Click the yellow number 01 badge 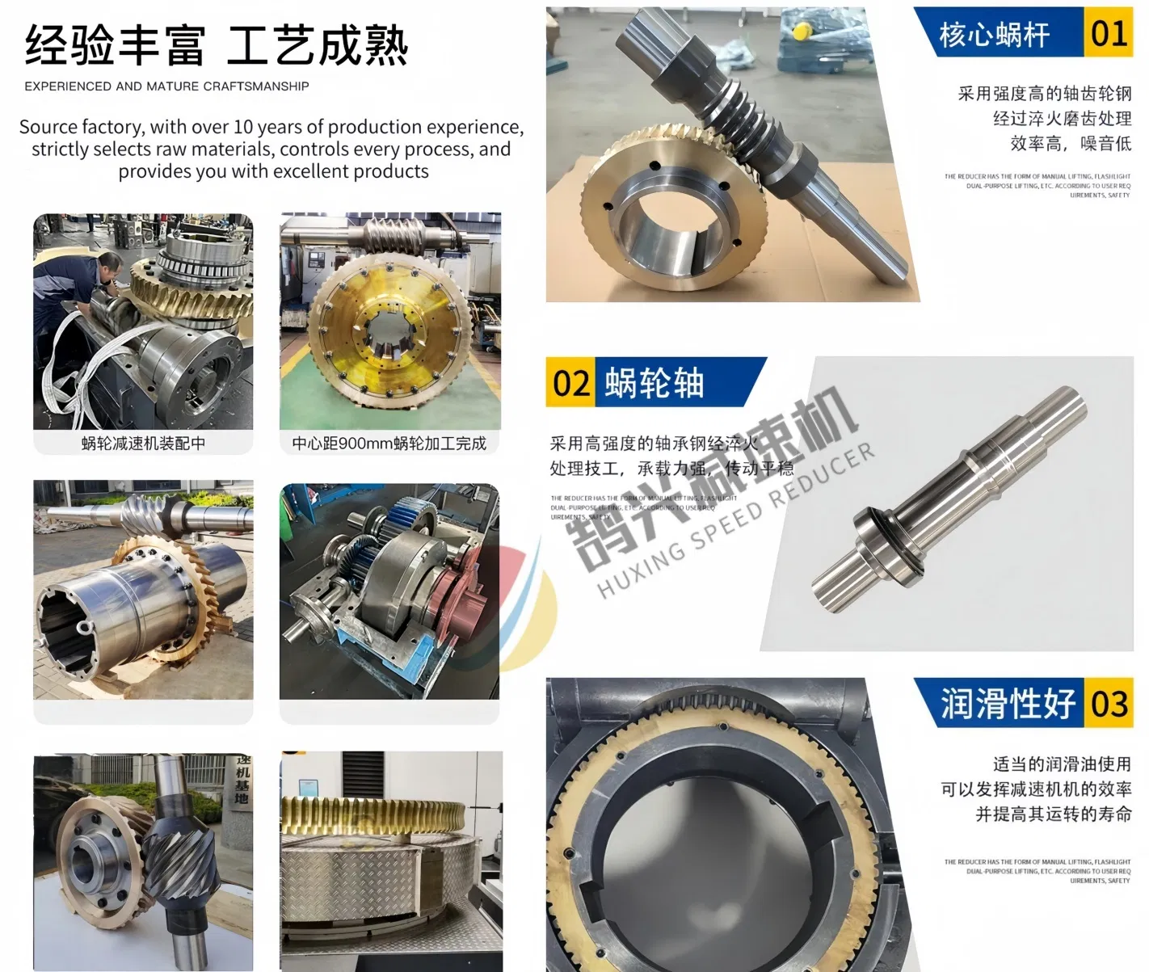pyautogui.click(x=1108, y=34)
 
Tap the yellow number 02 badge pyautogui.click(x=570, y=382)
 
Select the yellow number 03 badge pyautogui.click(x=1109, y=704)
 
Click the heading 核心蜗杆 pyautogui.click(x=994, y=35)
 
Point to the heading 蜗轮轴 pyautogui.click(x=654, y=382)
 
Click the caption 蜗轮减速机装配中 pyautogui.click(x=143, y=444)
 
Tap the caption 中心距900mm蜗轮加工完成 pyautogui.click(x=389, y=444)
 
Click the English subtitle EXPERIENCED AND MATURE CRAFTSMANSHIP pyautogui.click(x=166, y=86)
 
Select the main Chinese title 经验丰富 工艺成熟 pyautogui.click(x=216, y=45)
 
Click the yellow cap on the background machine pyautogui.click(x=802, y=32)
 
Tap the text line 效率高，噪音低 pyautogui.click(x=1071, y=144)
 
